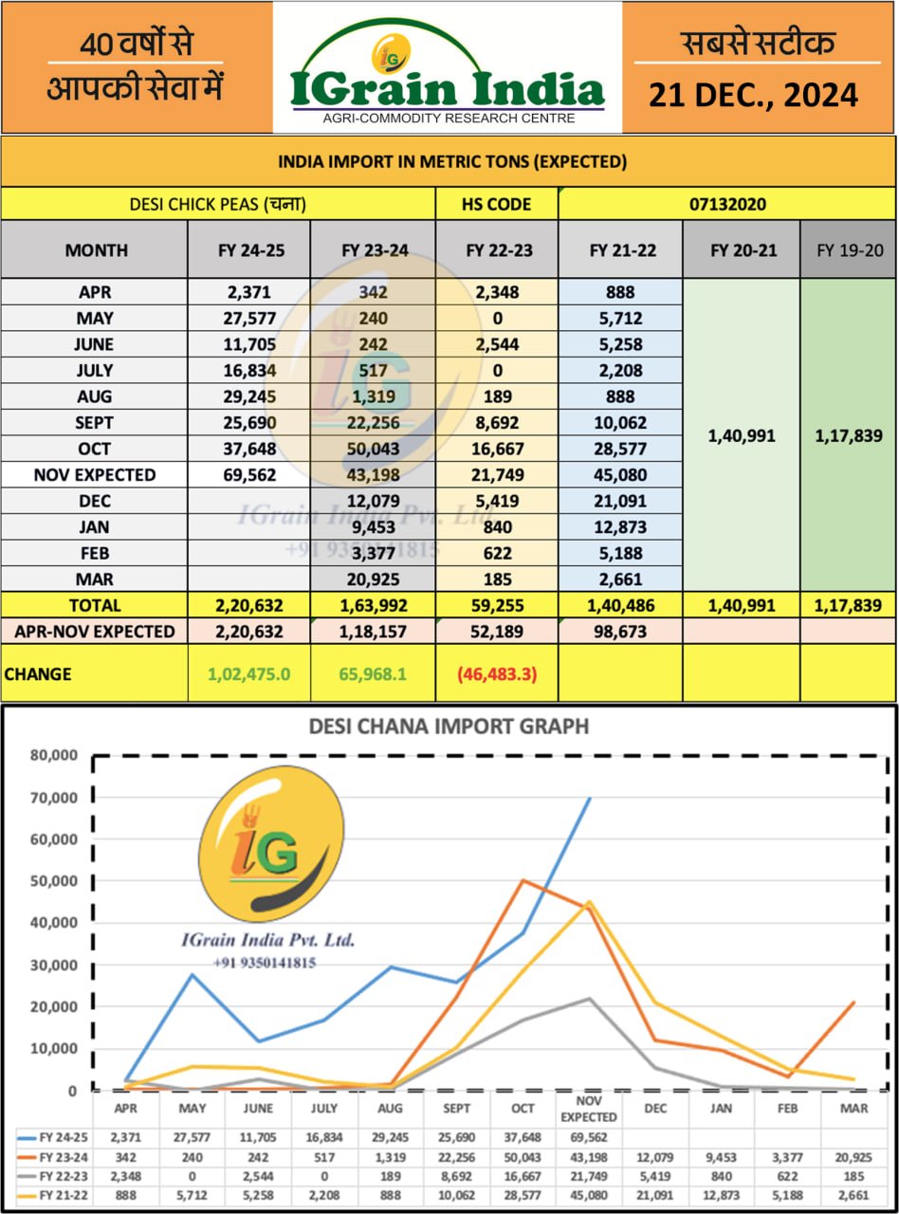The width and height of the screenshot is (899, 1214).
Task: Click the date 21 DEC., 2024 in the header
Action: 754,95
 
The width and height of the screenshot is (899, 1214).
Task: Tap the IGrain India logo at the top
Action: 447,76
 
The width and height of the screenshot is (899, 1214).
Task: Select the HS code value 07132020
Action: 727,204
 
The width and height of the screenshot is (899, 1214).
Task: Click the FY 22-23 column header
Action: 497,250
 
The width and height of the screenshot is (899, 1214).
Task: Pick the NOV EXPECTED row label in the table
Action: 94,475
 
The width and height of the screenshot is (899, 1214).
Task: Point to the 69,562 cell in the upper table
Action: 249,475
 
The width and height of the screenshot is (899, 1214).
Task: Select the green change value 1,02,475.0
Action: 249,674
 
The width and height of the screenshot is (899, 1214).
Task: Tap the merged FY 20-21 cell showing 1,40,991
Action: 742,435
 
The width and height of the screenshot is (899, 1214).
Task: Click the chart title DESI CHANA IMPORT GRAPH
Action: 449,727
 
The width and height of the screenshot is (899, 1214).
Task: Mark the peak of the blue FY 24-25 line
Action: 590,799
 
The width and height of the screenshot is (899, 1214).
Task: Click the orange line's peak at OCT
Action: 522,880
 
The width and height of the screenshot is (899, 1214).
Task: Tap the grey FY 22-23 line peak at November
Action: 590,999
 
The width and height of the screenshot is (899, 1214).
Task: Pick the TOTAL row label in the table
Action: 94,605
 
